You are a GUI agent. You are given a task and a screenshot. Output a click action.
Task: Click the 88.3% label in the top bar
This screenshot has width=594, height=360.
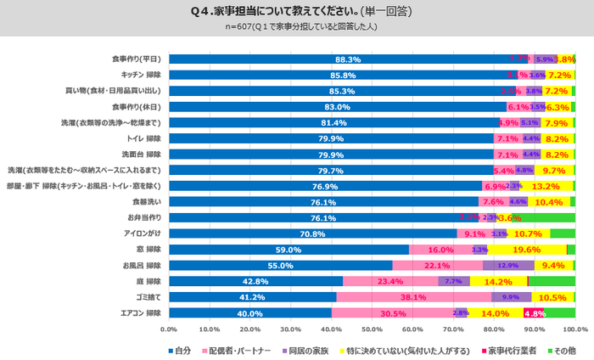[x=349, y=59]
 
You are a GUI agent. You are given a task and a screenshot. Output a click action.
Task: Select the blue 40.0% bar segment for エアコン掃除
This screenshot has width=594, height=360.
[x=250, y=313]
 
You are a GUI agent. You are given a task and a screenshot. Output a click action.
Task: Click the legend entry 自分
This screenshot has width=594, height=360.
[x=180, y=350]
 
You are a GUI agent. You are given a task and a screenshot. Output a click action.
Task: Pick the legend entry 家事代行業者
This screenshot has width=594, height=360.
[x=510, y=350]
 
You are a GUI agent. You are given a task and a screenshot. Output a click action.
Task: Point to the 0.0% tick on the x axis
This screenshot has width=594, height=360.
[x=169, y=329]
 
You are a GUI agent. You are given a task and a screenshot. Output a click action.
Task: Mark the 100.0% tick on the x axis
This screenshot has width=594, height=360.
[x=575, y=329]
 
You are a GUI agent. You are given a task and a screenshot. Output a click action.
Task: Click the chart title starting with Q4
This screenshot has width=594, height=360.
[x=296, y=11]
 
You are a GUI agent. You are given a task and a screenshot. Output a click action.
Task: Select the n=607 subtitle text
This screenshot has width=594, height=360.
[x=296, y=27]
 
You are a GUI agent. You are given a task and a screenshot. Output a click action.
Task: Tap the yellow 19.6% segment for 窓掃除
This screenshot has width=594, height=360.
[x=528, y=250]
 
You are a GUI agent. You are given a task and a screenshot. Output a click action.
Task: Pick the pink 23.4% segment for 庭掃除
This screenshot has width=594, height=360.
[x=390, y=282]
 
